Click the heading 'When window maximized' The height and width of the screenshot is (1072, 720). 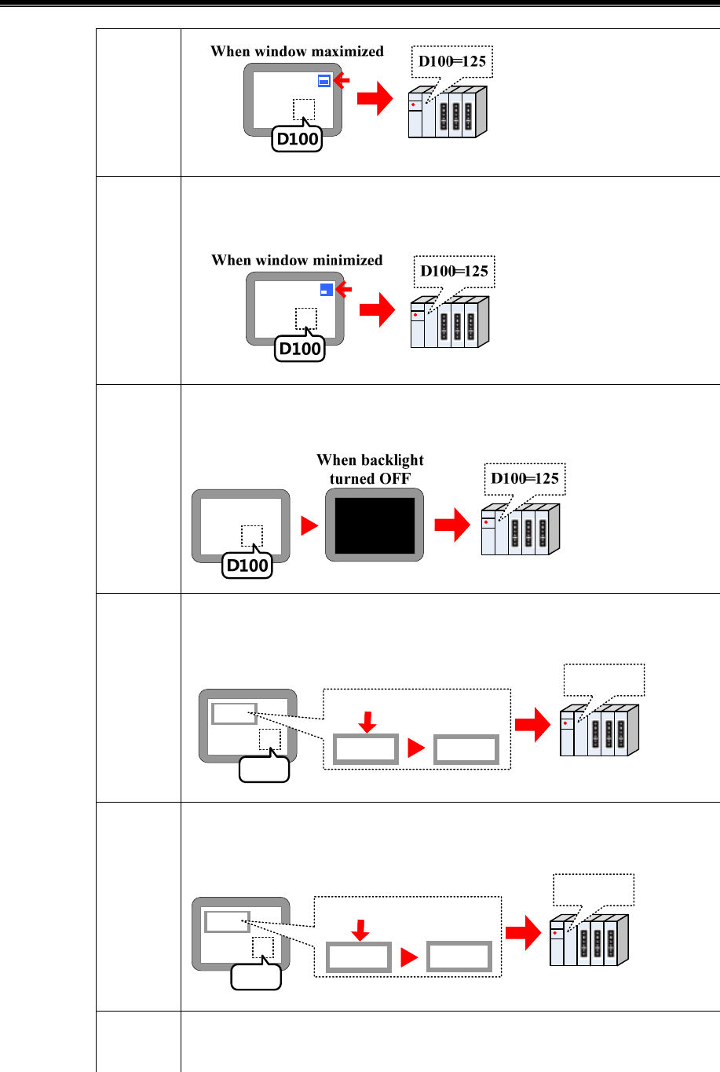(297, 52)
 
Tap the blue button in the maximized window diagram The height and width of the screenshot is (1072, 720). (324, 81)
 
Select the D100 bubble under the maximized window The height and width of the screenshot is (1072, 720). (298, 139)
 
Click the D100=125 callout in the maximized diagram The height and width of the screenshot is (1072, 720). (452, 62)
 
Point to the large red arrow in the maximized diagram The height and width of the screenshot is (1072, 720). (375, 100)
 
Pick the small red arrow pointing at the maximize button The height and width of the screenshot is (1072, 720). (341, 80)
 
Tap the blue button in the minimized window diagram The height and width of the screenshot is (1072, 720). (327, 290)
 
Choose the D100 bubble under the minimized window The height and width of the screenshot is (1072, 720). (300, 349)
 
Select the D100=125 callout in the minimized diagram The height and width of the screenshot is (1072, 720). (454, 272)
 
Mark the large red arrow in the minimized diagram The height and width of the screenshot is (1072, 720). (377, 309)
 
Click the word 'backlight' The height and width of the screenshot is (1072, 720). (392, 460)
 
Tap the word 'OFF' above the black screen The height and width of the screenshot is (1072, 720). (393, 479)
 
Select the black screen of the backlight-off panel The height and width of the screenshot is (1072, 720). (375, 525)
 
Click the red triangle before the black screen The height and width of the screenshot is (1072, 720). (309, 525)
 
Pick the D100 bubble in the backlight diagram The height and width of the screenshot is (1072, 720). (247, 565)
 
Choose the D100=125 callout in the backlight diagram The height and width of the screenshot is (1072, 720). (524, 479)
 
